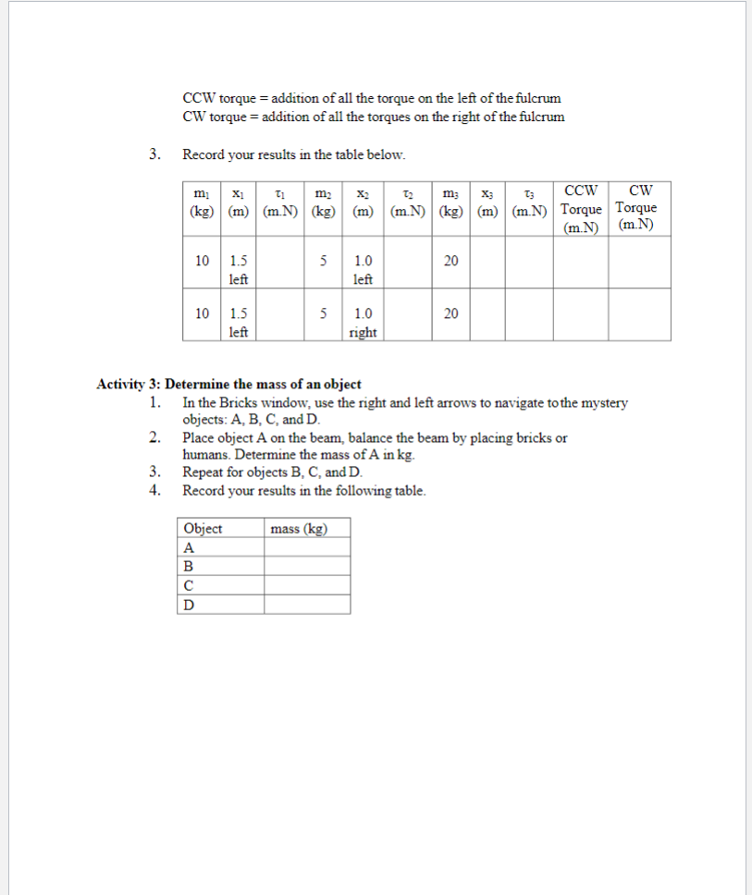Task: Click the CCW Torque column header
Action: (580, 208)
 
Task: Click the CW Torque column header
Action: (637, 208)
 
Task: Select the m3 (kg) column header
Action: (450, 208)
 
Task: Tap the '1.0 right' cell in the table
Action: (363, 323)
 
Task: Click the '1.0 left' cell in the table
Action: (363, 270)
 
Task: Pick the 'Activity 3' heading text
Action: (228, 384)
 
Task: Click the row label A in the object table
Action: (190, 546)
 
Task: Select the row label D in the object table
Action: (190, 605)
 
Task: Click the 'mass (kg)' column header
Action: (298, 529)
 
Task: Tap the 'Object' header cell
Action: (203, 529)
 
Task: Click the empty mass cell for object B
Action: (306, 566)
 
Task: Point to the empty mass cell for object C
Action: (306, 585)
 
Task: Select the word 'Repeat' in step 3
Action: (203, 472)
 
